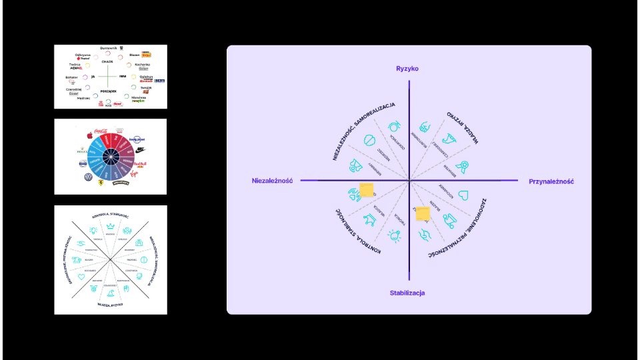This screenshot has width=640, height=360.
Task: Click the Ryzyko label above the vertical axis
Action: pyautogui.click(x=407, y=69)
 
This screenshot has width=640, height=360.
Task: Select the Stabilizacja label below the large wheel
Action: pyautogui.click(x=407, y=293)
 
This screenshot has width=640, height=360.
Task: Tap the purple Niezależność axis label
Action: pyautogui.click(x=273, y=181)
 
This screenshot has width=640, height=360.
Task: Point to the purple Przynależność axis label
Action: pyautogui.click(x=551, y=181)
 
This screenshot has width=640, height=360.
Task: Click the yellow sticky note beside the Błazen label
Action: pyautogui.click(x=423, y=214)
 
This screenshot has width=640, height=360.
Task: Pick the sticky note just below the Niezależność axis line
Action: pyautogui.click(x=366, y=191)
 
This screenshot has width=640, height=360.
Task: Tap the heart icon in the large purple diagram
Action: pyautogui.click(x=464, y=195)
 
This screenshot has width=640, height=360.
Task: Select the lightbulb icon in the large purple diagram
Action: pyautogui.click(x=395, y=234)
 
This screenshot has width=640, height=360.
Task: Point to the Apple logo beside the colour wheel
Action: pyautogui.click(x=88, y=135)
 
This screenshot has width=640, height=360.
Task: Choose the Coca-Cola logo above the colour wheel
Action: pyautogui.click(x=101, y=131)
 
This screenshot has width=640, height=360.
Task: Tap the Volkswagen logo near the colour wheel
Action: pyautogui.click(x=87, y=177)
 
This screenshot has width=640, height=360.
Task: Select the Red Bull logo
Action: pyautogui.click(x=141, y=164)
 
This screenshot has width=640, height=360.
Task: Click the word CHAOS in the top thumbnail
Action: pyautogui.click(x=107, y=61)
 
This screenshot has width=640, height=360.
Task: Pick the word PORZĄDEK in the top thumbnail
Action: pyautogui.click(x=108, y=91)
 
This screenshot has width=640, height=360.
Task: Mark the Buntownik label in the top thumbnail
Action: pyautogui.click(x=108, y=49)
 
